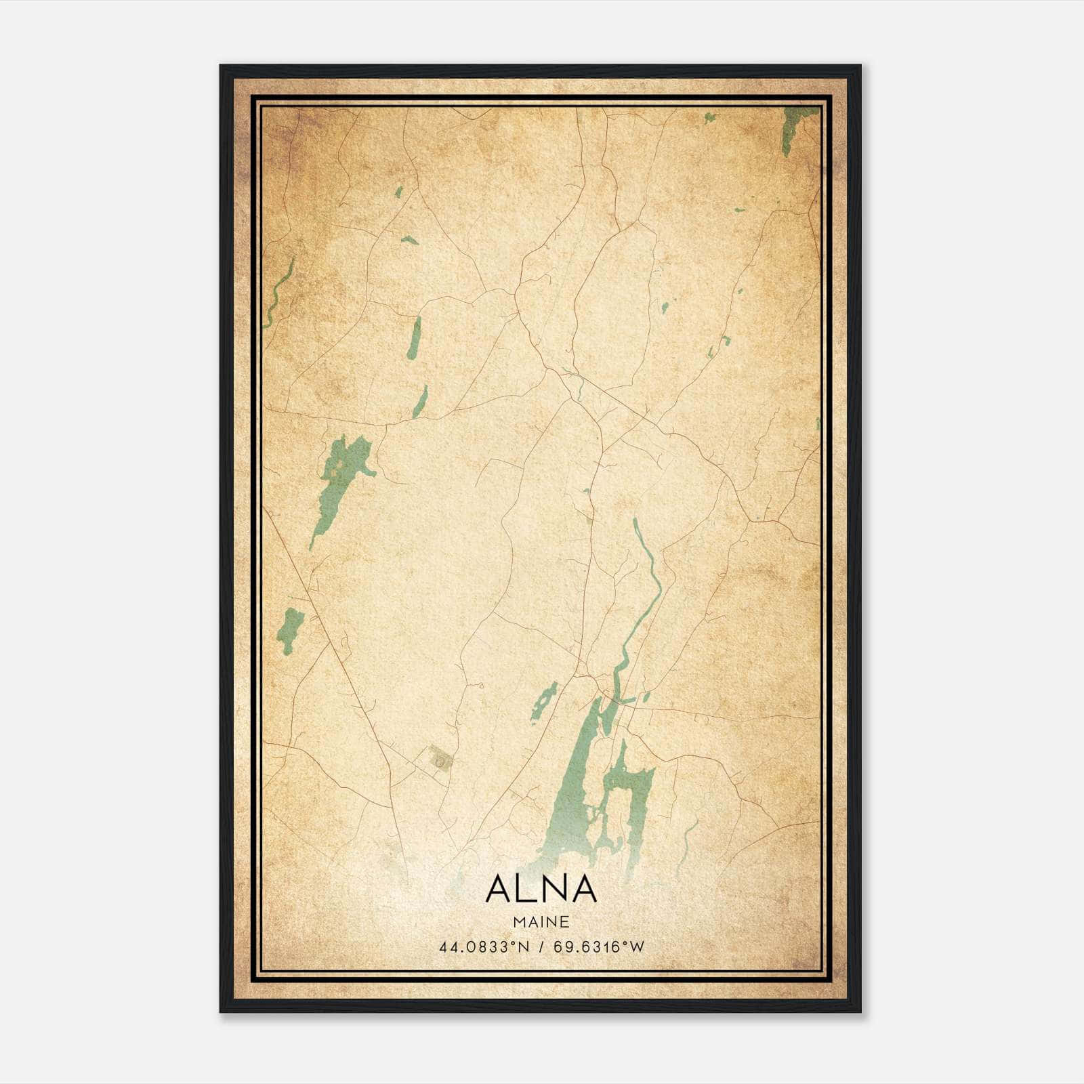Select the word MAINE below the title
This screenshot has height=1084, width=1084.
click(541, 921)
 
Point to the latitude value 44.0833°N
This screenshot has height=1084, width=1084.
click(483, 947)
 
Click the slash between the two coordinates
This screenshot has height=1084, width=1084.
click(541, 947)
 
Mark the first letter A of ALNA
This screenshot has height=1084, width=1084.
click(498, 889)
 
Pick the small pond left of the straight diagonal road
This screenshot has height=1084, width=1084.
click(290, 629)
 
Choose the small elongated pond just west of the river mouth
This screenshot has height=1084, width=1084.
click(544, 701)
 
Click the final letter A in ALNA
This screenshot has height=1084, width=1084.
click(584, 889)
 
